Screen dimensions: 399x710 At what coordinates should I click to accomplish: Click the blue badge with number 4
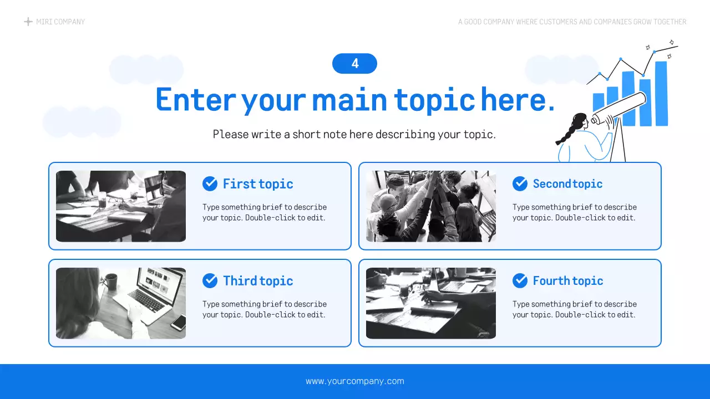[x=354, y=64]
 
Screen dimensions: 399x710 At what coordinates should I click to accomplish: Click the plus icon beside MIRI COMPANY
[x=28, y=22]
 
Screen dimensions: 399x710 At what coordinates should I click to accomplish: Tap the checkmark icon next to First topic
[x=210, y=183]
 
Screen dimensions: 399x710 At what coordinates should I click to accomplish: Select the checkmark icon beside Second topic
[x=520, y=183]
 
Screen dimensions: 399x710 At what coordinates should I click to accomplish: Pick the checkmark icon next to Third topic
[x=210, y=280]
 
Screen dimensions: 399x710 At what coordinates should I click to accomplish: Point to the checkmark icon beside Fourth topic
[x=520, y=280]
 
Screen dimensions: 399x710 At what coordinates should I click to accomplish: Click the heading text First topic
[x=258, y=184]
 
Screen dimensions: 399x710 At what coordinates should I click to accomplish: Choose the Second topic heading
[x=567, y=184]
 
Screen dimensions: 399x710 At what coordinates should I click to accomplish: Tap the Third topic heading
[x=258, y=281]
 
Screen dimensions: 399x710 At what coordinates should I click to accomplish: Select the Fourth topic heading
[x=568, y=281]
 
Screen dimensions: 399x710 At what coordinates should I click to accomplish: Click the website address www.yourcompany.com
[x=355, y=381]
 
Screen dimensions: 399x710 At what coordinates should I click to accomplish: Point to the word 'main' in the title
[x=349, y=100]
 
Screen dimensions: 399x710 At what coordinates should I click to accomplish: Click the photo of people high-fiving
[x=431, y=206]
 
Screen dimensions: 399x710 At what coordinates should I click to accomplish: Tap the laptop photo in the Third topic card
[x=121, y=303]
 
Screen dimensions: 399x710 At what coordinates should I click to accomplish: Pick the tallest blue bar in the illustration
[x=661, y=93]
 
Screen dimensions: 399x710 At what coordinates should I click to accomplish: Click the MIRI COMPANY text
[x=60, y=22]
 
